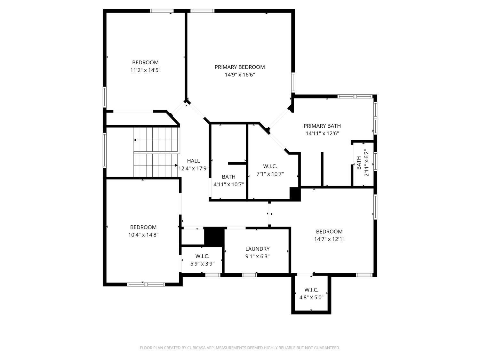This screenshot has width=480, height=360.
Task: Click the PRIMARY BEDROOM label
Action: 239,67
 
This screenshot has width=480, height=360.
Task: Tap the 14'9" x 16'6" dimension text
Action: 240,75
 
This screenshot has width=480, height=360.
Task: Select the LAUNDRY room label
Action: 257,249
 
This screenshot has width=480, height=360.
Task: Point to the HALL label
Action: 193,161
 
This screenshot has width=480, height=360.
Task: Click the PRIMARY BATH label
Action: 322,126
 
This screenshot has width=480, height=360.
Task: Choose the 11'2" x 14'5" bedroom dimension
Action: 145,70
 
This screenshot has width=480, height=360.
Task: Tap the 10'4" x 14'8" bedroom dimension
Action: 143,235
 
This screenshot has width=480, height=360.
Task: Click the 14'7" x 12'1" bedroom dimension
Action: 329,239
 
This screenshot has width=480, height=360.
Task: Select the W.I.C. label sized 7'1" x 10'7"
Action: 270,166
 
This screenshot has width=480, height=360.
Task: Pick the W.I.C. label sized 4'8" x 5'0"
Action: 311,290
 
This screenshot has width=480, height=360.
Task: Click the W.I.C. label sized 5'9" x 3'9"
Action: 202,256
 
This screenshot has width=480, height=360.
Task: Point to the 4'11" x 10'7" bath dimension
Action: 228,185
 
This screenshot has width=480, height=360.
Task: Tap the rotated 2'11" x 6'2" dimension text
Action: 366,163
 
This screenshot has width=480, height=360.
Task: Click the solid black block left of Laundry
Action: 214,237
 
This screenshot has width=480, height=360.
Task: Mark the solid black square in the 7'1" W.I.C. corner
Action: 295,194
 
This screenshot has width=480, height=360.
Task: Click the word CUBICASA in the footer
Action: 196,348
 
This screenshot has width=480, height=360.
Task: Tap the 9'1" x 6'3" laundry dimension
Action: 257,256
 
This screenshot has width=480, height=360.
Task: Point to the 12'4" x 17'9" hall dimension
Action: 193,169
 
